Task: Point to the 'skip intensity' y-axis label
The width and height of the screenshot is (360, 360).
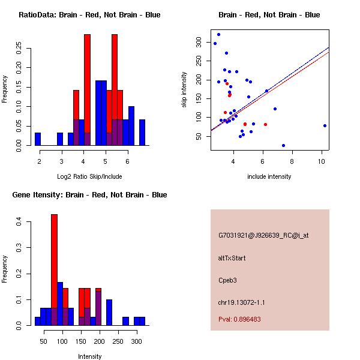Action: click(x=185, y=90)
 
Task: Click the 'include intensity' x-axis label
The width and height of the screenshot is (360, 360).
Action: click(x=269, y=176)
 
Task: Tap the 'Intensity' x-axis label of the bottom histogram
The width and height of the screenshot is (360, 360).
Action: click(x=89, y=356)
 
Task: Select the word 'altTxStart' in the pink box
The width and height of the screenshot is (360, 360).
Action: click(x=232, y=258)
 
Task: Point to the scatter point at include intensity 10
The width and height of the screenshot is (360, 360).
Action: click(x=325, y=125)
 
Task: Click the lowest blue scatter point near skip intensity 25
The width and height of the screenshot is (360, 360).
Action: click(x=283, y=145)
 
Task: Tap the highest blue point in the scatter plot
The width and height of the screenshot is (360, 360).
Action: click(x=218, y=34)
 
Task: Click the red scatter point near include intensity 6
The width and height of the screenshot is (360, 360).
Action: click(x=265, y=124)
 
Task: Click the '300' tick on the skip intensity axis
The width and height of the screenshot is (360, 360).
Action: click(x=199, y=40)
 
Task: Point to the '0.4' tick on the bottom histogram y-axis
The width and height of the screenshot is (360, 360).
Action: click(x=19, y=222)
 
